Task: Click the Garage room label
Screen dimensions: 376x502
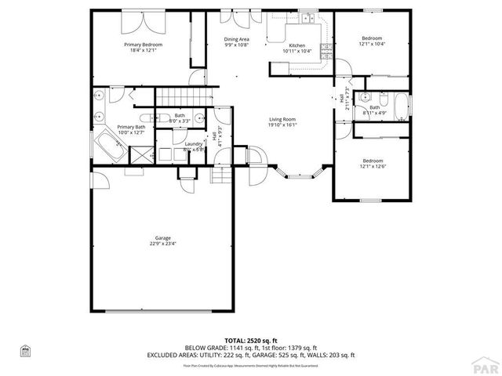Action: [x=162, y=237]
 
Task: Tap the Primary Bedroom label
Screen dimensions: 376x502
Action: [x=143, y=45]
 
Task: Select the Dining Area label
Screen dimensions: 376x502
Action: [x=236, y=39]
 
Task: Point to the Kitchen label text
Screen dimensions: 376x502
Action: [x=296, y=45]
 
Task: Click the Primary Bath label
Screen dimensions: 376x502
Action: [x=131, y=127]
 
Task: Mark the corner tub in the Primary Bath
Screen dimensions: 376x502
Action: [x=105, y=144]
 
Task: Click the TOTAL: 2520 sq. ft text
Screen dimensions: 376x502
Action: [x=250, y=341]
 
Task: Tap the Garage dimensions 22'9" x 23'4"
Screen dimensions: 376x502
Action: [x=162, y=244]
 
